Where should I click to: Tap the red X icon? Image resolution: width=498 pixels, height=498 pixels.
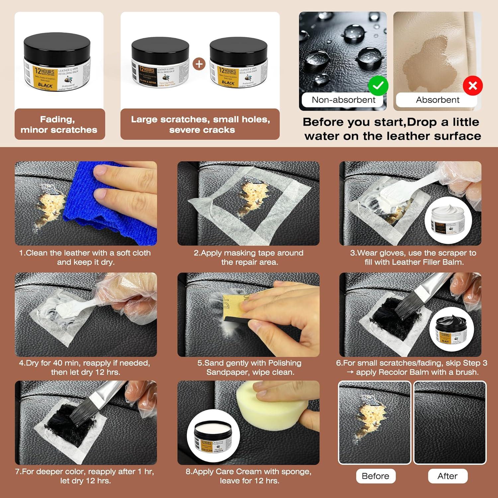[x=473, y=86]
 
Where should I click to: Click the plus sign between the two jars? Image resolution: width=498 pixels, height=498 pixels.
[x=199, y=64]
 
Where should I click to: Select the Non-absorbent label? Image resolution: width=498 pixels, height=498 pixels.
[x=343, y=100]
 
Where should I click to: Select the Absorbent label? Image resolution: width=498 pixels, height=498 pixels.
[x=438, y=100]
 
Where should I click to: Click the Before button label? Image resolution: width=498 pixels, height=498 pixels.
[x=375, y=476]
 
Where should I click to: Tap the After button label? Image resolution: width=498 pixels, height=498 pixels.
[x=448, y=476]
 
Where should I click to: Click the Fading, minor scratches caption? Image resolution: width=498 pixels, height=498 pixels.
[x=59, y=124]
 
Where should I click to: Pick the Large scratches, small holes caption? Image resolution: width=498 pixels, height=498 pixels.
[x=200, y=124]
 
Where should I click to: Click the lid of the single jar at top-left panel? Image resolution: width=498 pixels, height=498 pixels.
[x=57, y=46]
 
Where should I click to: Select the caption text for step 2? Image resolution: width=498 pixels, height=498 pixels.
[x=249, y=257]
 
